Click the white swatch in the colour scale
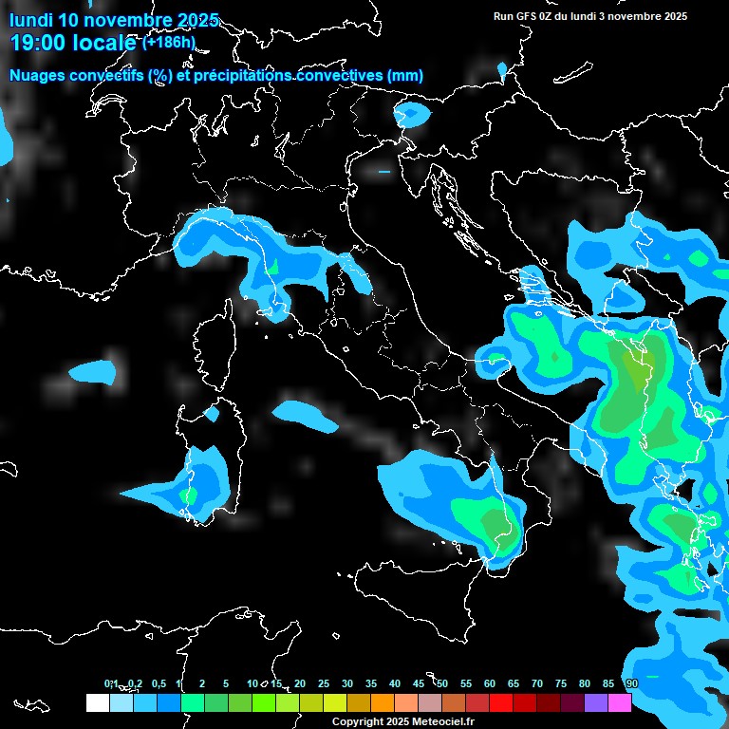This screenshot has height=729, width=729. pos(97,702)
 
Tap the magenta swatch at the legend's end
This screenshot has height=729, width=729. pos(620,702)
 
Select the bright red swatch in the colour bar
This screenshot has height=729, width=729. pos(501,702)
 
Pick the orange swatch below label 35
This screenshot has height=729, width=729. pos(383,702)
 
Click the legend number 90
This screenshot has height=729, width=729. pos(631,683)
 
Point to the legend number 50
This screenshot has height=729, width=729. pos(442,683)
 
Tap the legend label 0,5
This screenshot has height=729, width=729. pos(158,683)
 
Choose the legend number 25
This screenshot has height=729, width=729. pos(324,683)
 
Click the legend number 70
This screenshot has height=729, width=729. pos(537,683)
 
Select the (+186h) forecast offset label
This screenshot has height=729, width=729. pos(168,42)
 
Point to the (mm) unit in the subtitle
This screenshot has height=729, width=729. pos(405,75)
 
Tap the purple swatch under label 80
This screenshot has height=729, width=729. pos(596,702)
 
